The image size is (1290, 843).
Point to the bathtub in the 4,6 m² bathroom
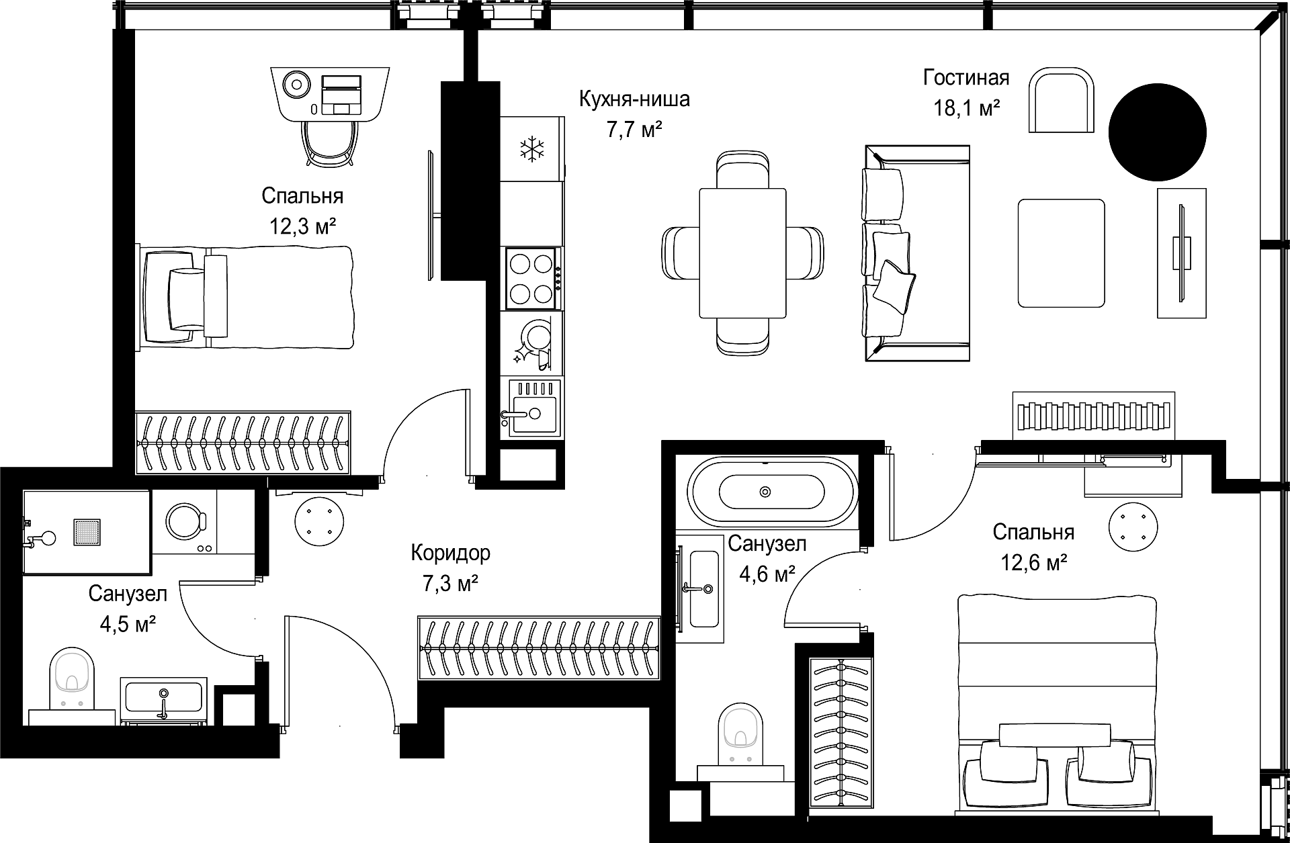point(773,492)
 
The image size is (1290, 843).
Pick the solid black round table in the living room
point(1156,132)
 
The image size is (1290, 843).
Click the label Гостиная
point(966,78)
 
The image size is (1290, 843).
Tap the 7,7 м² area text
point(634,129)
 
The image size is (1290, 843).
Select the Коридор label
point(450,553)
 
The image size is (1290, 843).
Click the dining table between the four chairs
point(742,253)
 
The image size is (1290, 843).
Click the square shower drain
point(85,535)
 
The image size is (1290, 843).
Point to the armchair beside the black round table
point(1062,99)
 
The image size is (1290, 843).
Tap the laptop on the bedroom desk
point(342,94)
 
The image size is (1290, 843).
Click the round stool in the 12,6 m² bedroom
point(1134,528)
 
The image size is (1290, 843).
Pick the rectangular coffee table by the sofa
point(1062,253)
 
